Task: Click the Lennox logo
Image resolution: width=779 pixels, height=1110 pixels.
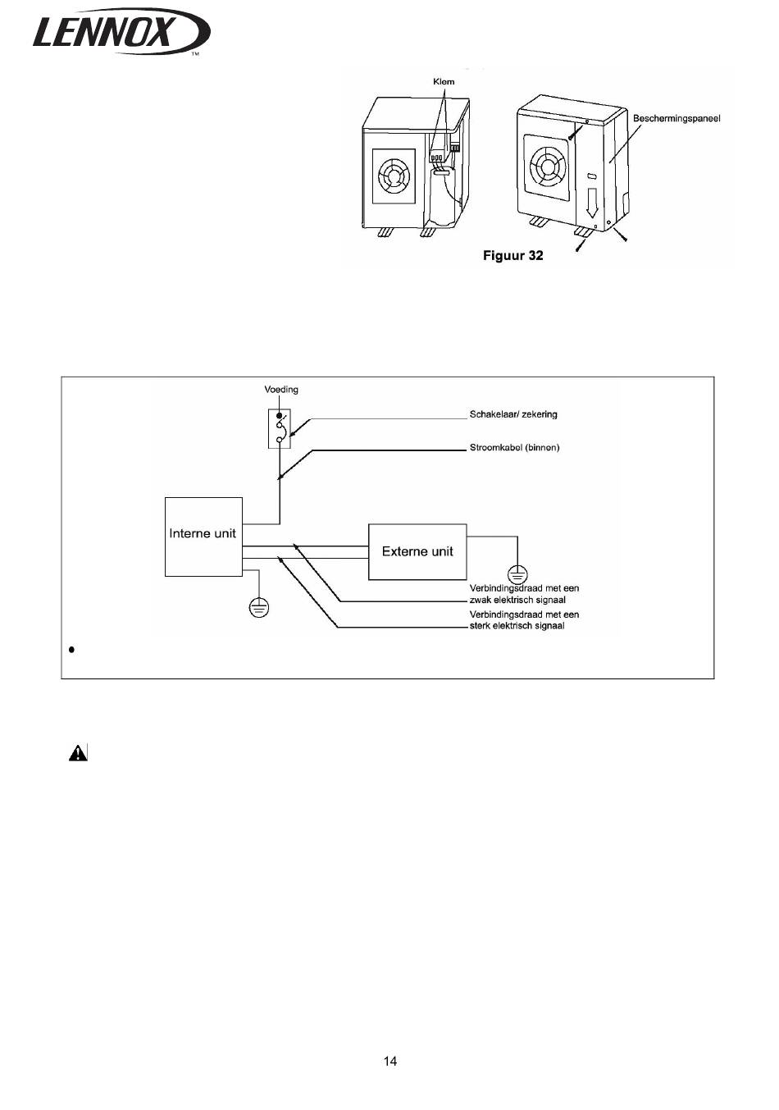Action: pos(121,30)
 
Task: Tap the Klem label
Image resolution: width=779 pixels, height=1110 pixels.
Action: pos(444,82)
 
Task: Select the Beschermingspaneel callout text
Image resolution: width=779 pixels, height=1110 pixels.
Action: pos(676,118)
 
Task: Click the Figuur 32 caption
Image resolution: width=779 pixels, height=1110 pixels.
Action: pos(513,256)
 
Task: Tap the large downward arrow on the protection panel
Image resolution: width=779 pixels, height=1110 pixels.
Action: pos(591,203)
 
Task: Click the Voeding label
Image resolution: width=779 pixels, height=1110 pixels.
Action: pos(281,390)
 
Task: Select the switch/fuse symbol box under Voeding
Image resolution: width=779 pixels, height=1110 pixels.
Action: pos(280,428)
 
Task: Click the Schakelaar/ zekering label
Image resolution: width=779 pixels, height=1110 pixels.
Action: pos(513,414)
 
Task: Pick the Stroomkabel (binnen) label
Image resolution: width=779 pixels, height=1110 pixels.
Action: pos(514,447)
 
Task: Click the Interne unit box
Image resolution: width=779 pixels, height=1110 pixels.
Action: pos(203,537)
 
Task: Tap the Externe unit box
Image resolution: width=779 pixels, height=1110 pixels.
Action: pos(417,551)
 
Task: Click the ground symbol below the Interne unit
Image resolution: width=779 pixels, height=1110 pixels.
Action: pos(258,607)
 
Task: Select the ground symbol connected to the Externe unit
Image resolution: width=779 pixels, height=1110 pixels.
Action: pos(517,575)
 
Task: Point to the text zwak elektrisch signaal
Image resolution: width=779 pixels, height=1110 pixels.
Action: pos(517,600)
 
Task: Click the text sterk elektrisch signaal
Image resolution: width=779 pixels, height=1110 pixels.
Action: pos(517,626)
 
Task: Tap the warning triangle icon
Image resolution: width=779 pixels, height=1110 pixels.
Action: pos(78,752)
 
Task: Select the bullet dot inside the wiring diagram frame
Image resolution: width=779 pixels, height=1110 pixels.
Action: pos(72,649)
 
